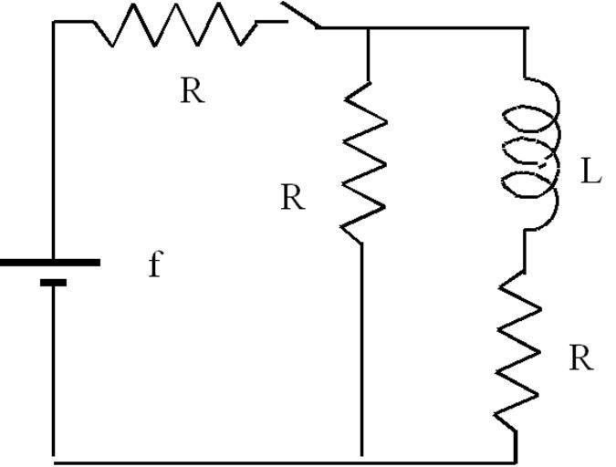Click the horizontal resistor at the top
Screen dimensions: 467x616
[x=173, y=25]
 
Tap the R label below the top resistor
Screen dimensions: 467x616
[x=192, y=91]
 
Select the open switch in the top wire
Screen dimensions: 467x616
[x=298, y=16]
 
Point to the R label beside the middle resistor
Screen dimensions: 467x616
[x=292, y=198]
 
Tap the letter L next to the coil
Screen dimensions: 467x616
[x=591, y=172]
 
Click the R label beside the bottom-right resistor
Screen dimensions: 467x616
[x=580, y=358]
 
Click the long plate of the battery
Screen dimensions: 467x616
[x=50, y=263]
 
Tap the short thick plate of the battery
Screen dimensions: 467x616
[x=54, y=283]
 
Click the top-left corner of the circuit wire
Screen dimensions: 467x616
[x=54, y=22]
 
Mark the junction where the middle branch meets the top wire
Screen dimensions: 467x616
[x=367, y=28]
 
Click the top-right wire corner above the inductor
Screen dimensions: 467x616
[x=527, y=28]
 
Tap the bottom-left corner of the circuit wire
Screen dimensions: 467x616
[x=54, y=459]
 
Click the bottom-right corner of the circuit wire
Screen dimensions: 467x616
[x=517, y=459]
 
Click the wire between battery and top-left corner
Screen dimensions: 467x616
[x=54, y=137]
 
